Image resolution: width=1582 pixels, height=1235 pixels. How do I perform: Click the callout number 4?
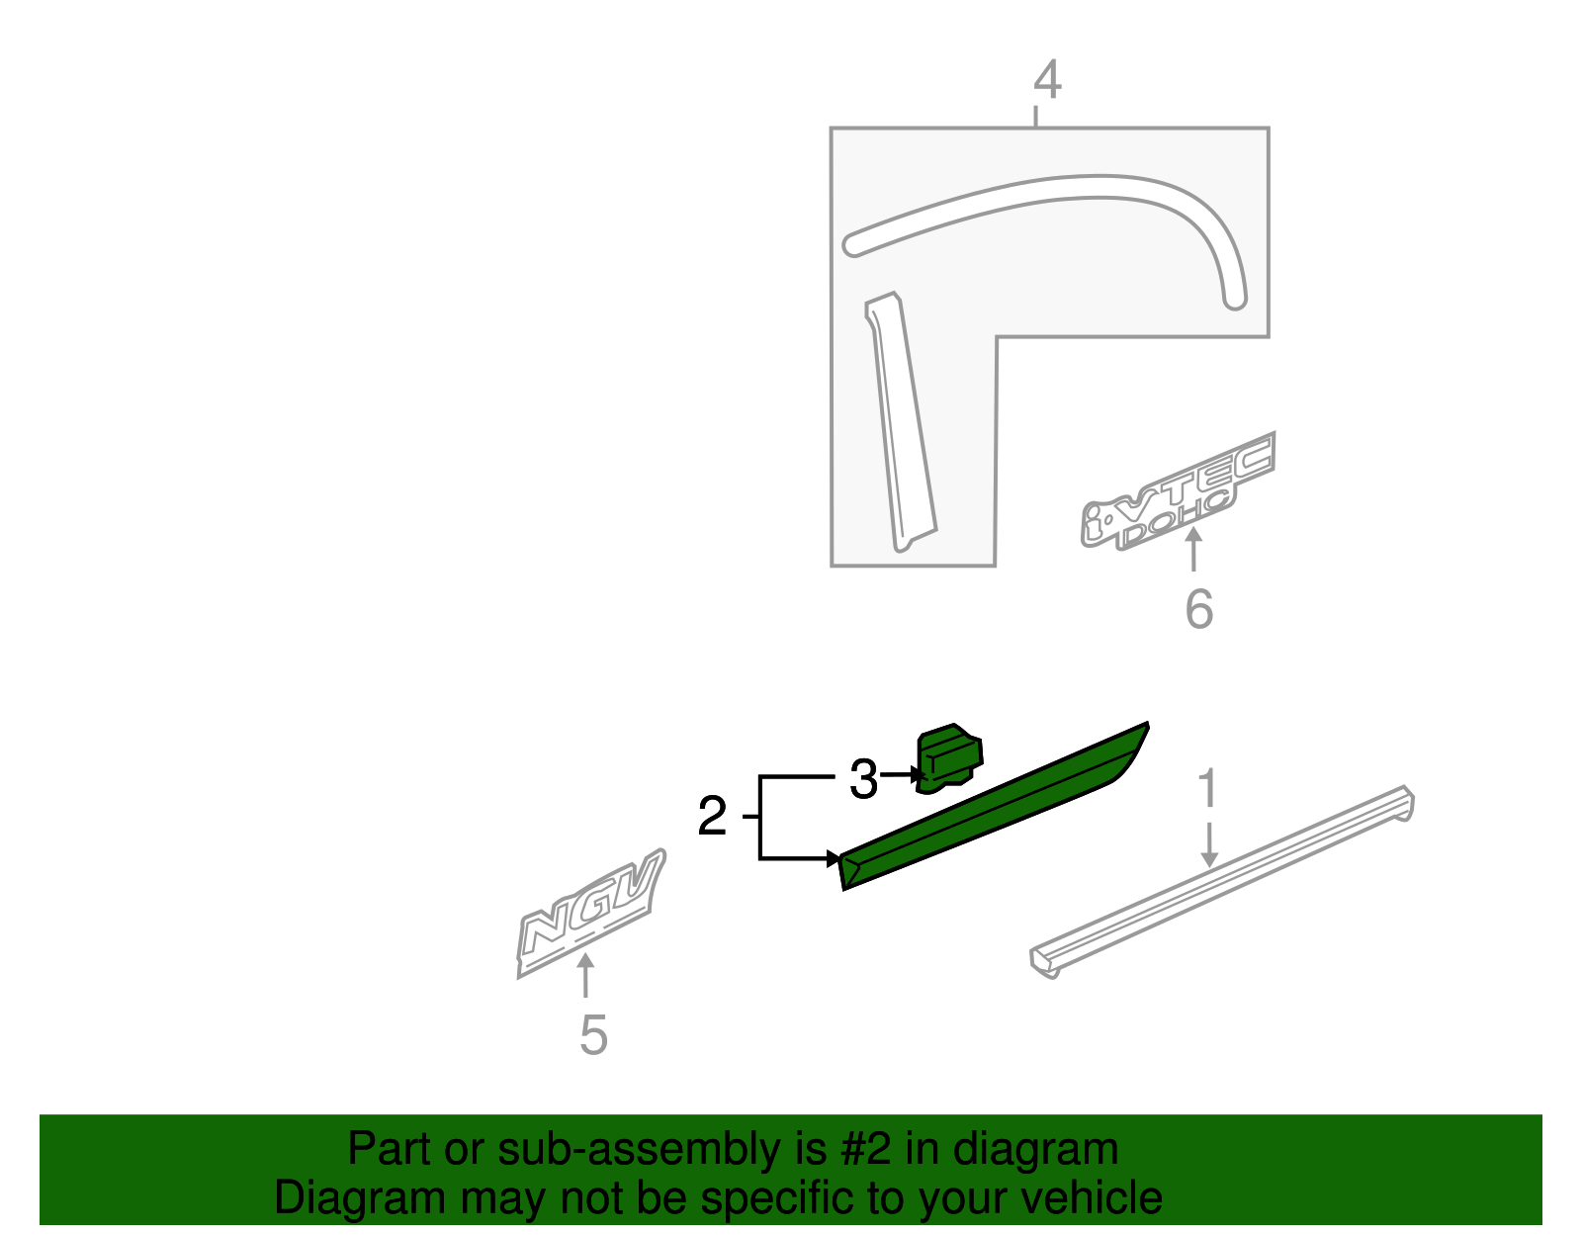coord(1047,80)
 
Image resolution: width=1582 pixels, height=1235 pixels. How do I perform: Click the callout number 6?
coord(1198,609)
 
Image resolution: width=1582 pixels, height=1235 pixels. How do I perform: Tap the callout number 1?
coord(1207,790)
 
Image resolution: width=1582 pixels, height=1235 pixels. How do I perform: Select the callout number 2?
coord(712,817)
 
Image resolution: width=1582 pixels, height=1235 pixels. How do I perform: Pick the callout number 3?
coord(863,780)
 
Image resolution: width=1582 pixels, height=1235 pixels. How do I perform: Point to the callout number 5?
coord(593,1036)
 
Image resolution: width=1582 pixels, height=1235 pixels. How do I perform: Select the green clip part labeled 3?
coord(950,757)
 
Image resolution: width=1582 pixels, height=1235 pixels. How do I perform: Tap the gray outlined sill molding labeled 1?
coord(1221,879)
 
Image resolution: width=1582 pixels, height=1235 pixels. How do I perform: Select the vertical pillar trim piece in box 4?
coord(901,425)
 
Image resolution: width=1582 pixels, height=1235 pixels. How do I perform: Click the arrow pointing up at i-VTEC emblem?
coord(1194,549)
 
